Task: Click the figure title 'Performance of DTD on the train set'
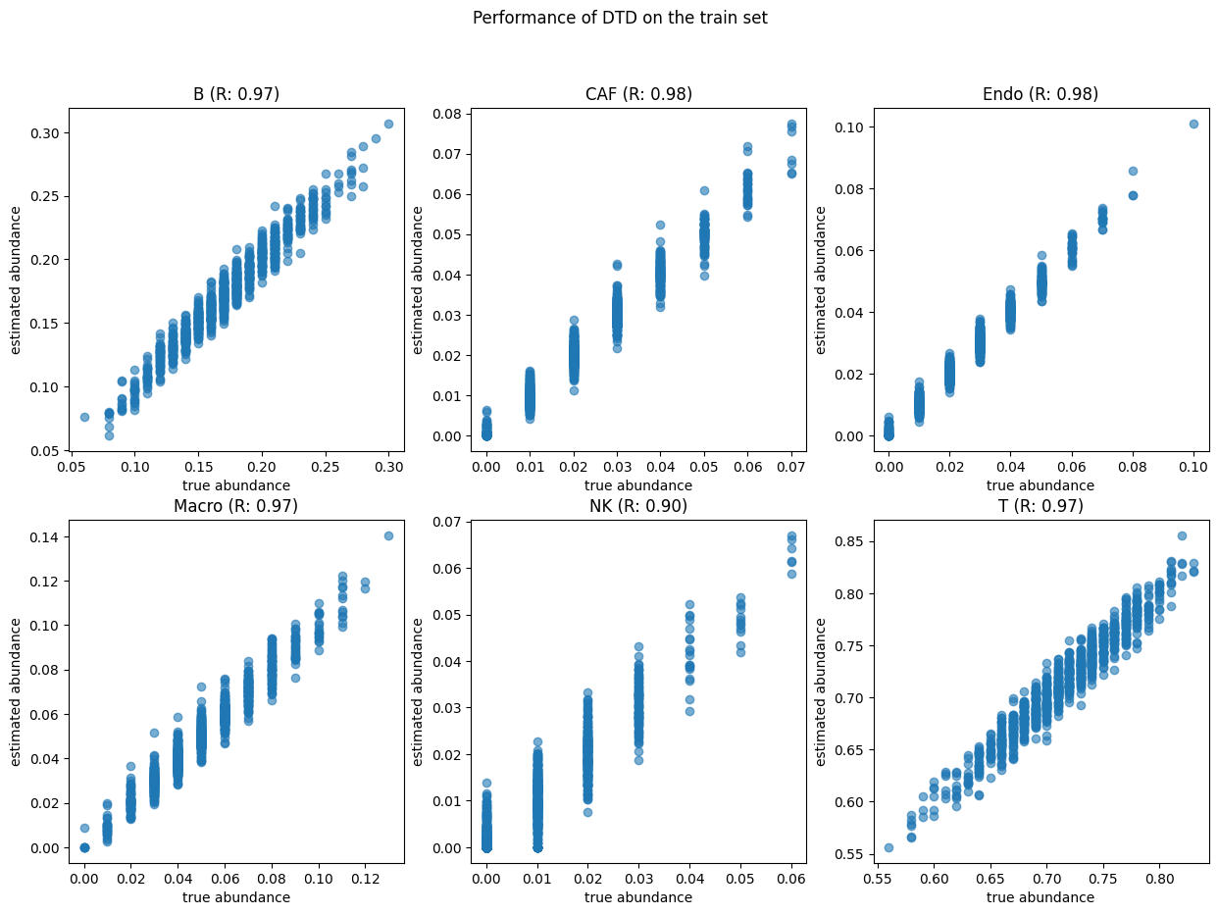[620, 18]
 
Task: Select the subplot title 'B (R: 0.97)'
[235, 94]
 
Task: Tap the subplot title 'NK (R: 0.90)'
[638, 506]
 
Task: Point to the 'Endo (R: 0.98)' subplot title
[1040, 94]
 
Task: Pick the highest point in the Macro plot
[388, 535]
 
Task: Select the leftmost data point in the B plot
[84, 417]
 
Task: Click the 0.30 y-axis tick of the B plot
[45, 133]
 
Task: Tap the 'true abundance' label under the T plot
[1040, 896]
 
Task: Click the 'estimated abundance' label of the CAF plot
[419, 280]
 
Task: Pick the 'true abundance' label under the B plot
[236, 484]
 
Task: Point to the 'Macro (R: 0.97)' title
[235, 506]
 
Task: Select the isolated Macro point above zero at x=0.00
[84, 828]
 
